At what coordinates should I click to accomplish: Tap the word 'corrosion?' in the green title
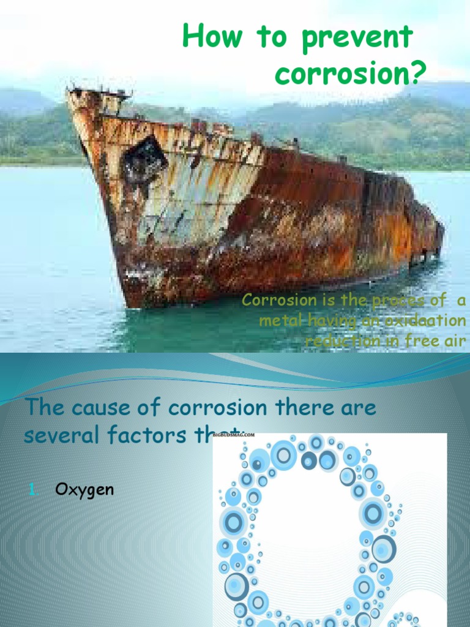349,73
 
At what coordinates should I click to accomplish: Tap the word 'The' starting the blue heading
43,408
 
